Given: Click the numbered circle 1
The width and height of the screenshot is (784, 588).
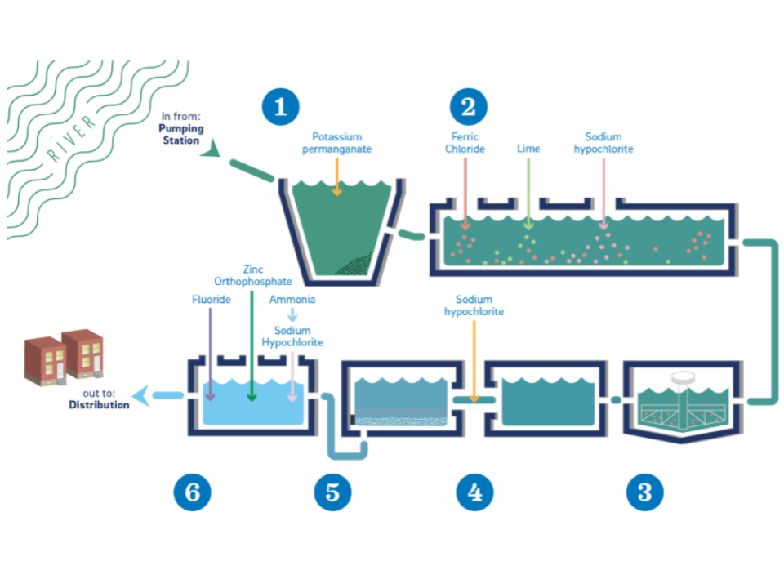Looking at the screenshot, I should [x=280, y=106].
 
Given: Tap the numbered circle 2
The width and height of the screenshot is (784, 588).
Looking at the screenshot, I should [x=468, y=106].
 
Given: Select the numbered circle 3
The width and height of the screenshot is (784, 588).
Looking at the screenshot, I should [x=644, y=492].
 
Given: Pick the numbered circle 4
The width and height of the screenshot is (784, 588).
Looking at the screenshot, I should [x=474, y=492].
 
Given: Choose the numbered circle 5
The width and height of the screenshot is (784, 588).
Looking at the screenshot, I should [x=332, y=492].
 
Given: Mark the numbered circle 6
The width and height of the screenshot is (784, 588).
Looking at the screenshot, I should [x=192, y=492].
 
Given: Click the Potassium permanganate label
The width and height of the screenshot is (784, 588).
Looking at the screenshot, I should [x=337, y=143].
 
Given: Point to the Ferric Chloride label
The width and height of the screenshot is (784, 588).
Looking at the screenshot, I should [x=465, y=143].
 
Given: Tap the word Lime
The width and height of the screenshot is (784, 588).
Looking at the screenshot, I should [x=528, y=149].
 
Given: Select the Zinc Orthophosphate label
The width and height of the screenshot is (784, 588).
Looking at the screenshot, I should [x=253, y=276].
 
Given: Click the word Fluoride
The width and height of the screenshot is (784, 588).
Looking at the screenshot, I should [x=212, y=300].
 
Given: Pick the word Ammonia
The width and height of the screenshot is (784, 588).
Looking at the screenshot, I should [x=292, y=300].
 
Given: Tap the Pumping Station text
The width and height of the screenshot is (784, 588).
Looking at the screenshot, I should [x=181, y=134].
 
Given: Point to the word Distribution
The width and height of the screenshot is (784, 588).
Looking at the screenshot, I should [x=99, y=404].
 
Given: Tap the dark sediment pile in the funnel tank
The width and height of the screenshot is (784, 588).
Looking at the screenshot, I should [x=353, y=264].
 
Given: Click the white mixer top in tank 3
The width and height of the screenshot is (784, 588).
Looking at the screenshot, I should [x=681, y=378].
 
